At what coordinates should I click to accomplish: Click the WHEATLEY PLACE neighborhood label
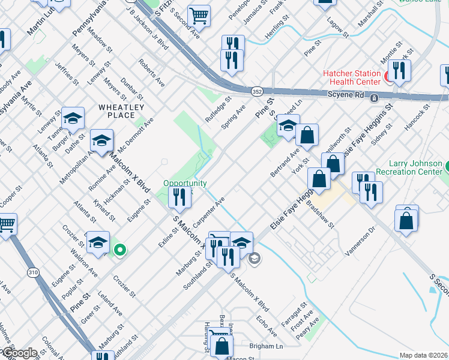tap(122, 111)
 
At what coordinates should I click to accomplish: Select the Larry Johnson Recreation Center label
tap(415, 167)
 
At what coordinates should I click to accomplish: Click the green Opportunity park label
tap(185, 183)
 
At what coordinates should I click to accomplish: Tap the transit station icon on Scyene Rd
tap(374, 98)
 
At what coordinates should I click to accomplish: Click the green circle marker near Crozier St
tap(120, 250)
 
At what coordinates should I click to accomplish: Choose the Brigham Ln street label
tap(265, 346)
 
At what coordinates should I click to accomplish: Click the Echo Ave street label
tap(267, 323)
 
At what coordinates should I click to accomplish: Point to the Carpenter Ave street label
tap(212, 209)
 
